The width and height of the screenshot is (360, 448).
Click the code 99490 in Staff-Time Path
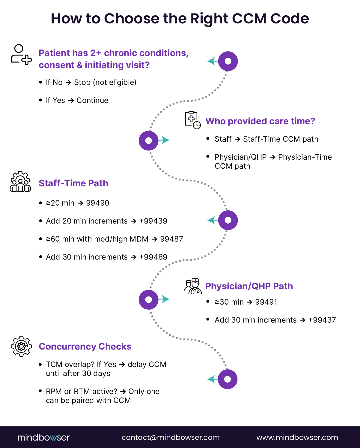click(97, 203)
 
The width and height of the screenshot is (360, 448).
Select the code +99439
click(153, 221)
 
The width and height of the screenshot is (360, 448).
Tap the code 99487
click(171, 239)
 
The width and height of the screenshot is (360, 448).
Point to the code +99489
click(153, 257)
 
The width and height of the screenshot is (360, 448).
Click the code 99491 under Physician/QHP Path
click(266, 302)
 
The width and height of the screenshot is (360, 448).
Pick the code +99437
click(322, 320)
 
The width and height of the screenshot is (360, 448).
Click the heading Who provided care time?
click(260, 121)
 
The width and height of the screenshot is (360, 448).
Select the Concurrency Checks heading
click(85, 347)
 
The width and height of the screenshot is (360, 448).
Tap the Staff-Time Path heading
click(73, 183)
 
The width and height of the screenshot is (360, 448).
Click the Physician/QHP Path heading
click(249, 286)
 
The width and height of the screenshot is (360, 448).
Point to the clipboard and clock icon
click(192, 120)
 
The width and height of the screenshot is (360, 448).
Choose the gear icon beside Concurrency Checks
click(21, 346)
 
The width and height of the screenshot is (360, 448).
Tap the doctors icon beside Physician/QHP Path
click(192, 286)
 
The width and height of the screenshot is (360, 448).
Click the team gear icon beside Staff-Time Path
click(20, 182)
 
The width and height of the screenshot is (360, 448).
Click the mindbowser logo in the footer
click(44, 437)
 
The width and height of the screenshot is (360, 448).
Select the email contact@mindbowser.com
click(171, 437)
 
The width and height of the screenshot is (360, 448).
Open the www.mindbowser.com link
click(297, 437)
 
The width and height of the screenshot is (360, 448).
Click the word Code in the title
click(290, 19)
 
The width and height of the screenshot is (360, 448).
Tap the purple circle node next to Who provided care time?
click(149, 140)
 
